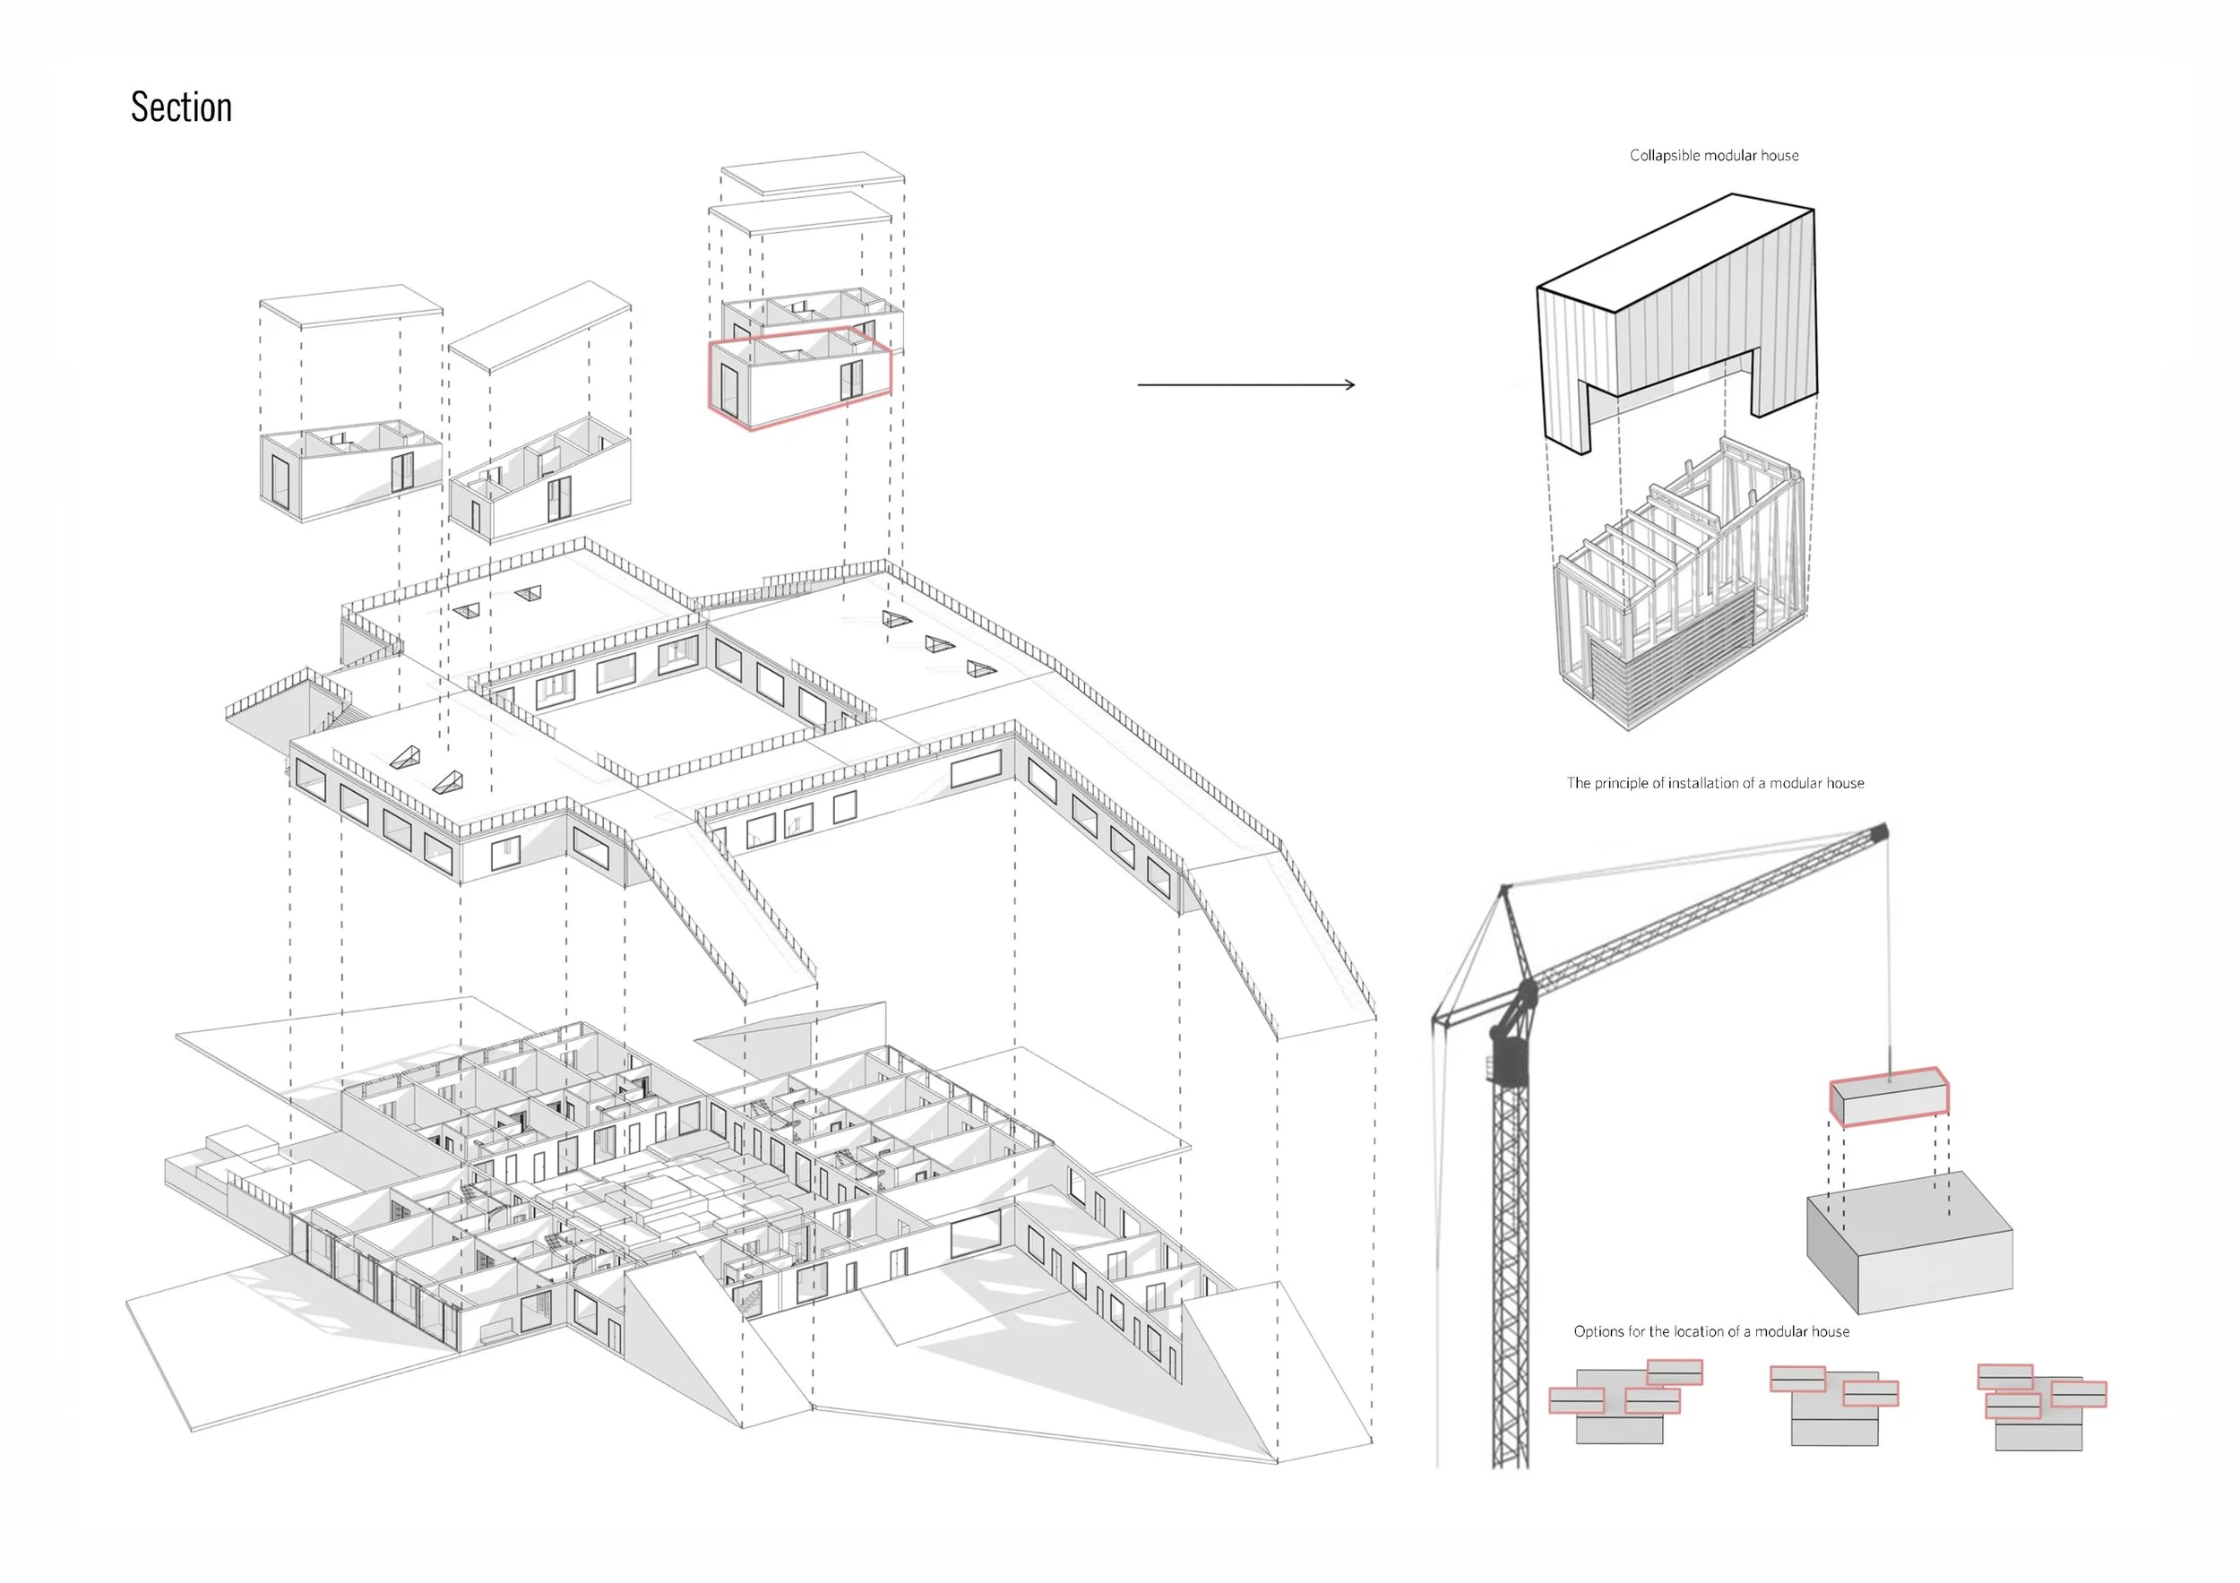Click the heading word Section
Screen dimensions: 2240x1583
click(x=182, y=108)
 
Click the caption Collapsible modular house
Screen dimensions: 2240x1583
click(x=1713, y=155)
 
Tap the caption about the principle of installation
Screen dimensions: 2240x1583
click(x=1714, y=782)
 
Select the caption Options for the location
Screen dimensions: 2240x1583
click(x=1710, y=1331)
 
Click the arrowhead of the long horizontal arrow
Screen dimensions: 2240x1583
click(x=1349, y=384)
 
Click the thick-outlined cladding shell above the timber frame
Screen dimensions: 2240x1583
click(x=1678, y=312)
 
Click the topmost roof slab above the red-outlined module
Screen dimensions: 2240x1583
click(x=812, y=172)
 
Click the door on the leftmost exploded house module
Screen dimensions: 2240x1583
click(x=280, y=481)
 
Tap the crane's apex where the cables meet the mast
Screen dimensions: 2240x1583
click(x=1504, y=889)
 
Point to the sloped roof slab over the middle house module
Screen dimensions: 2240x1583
click(x=539, y=325)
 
